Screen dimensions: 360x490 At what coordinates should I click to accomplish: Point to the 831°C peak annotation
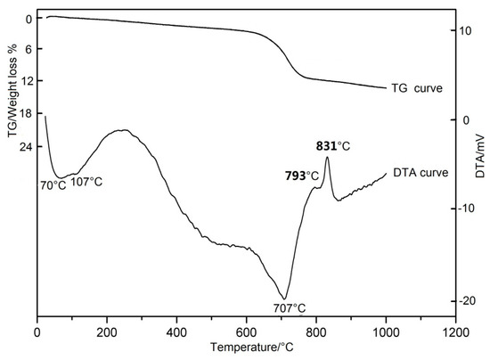coord(332,144)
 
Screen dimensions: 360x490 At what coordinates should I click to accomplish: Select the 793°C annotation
coord(302,175)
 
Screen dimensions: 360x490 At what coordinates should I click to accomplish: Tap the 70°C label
coord(53,184)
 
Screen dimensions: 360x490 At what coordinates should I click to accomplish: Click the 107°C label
coord(86,182)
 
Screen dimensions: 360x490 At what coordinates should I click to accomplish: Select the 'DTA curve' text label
coord(419,172)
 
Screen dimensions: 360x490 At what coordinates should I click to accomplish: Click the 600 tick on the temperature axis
coord(246,331)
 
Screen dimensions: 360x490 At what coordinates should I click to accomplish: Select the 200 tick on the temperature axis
coord(106,331)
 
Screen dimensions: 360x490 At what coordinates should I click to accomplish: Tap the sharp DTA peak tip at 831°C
coord(327,158)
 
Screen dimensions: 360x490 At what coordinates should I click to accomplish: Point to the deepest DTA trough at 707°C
coord(284,299)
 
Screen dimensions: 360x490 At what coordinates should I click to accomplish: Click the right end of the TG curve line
coord(386,88)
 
